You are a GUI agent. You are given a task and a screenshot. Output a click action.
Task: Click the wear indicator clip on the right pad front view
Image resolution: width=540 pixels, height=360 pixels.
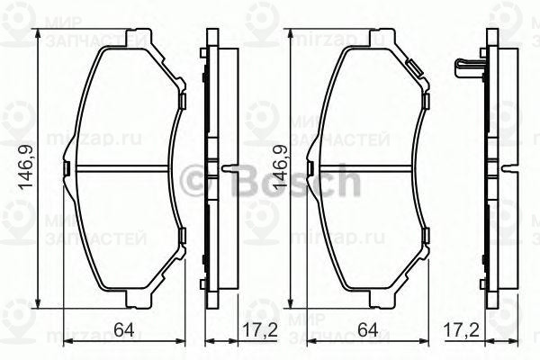tap(415, 67)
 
